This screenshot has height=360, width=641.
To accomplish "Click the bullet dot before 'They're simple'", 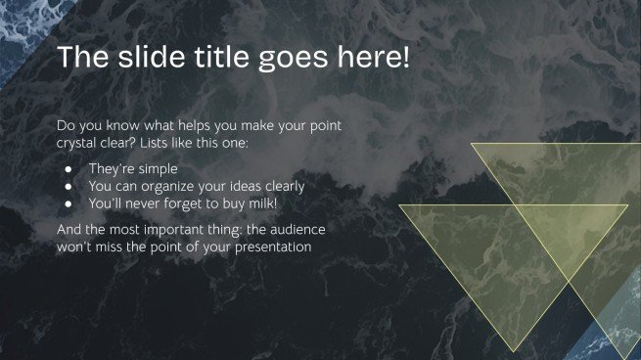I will pyautogui.click(x=69, y=168).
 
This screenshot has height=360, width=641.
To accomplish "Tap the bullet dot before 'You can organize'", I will pyautogui.click(x=69, y=186).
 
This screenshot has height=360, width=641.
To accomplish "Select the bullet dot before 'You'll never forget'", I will pyautogui.click(x=69, y=203).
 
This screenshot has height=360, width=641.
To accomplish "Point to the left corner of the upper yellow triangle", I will pyautogui.click(x=472, y=144).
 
